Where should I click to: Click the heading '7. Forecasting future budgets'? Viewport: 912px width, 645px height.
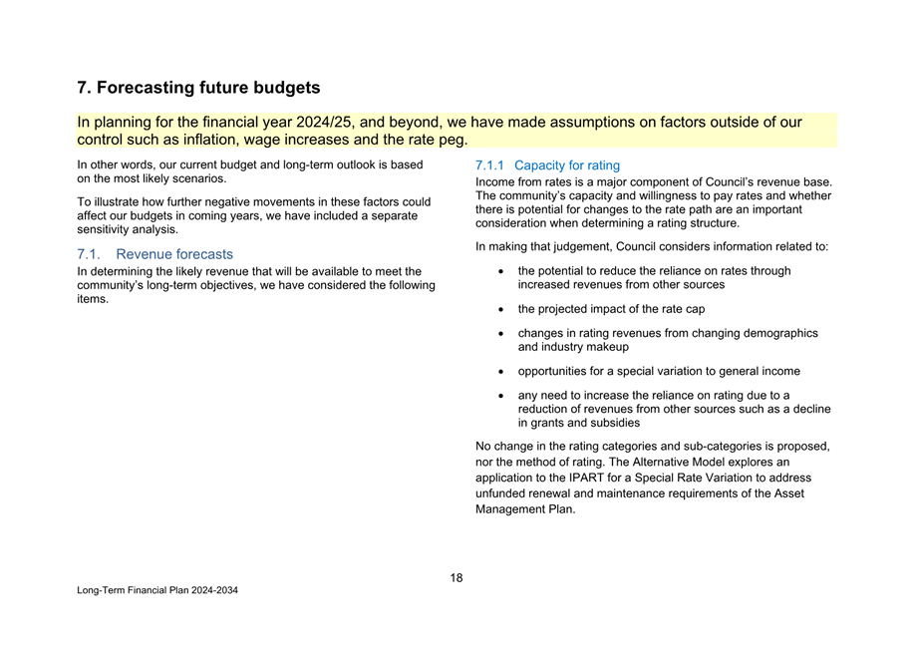point(198,89)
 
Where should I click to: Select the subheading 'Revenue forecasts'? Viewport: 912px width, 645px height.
point(174,254)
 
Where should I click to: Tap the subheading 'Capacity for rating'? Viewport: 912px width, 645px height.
point(567,165)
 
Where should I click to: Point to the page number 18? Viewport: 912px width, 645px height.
point(456,578)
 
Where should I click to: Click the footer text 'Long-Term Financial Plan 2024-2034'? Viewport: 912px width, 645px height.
point(157,591)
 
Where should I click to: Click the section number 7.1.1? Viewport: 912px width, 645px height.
point(491,165)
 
